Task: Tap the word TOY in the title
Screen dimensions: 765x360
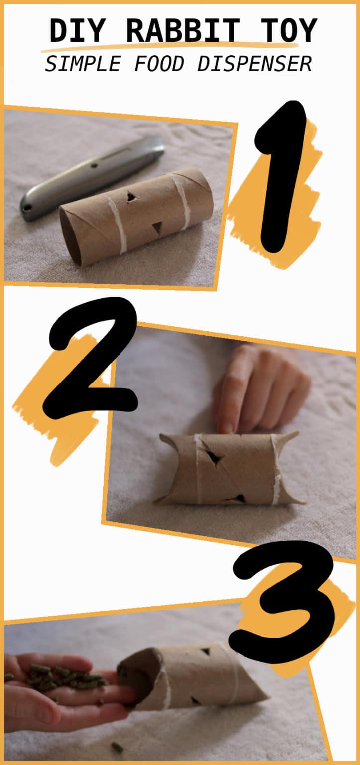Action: [x=287, y=31]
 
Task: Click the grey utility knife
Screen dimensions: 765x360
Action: [x=92, y=177]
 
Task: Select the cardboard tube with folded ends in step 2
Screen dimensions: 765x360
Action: [x=229, y=468]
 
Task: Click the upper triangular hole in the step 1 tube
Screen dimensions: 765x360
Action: [x=132, y=197]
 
